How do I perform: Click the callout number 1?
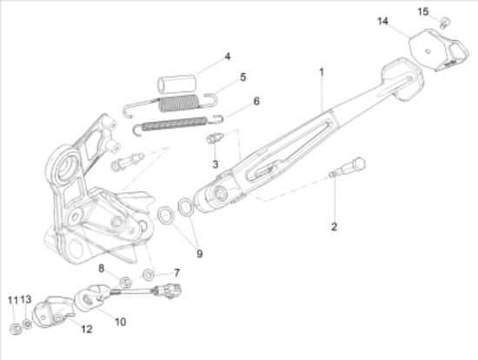pos(322,72)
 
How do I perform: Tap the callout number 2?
pos(334,227)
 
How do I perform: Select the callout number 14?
pos(383,22)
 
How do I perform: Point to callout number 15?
pos(423,11)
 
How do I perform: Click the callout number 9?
pos(199,254)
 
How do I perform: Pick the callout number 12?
pos(87,329)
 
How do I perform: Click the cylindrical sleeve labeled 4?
pos(176,83)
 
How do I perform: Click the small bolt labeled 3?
pos(215,138)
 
